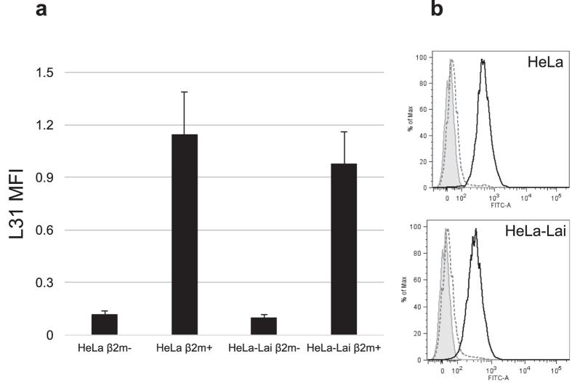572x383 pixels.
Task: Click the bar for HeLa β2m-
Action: [105, 324]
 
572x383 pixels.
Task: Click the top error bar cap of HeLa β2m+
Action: [184, 92]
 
